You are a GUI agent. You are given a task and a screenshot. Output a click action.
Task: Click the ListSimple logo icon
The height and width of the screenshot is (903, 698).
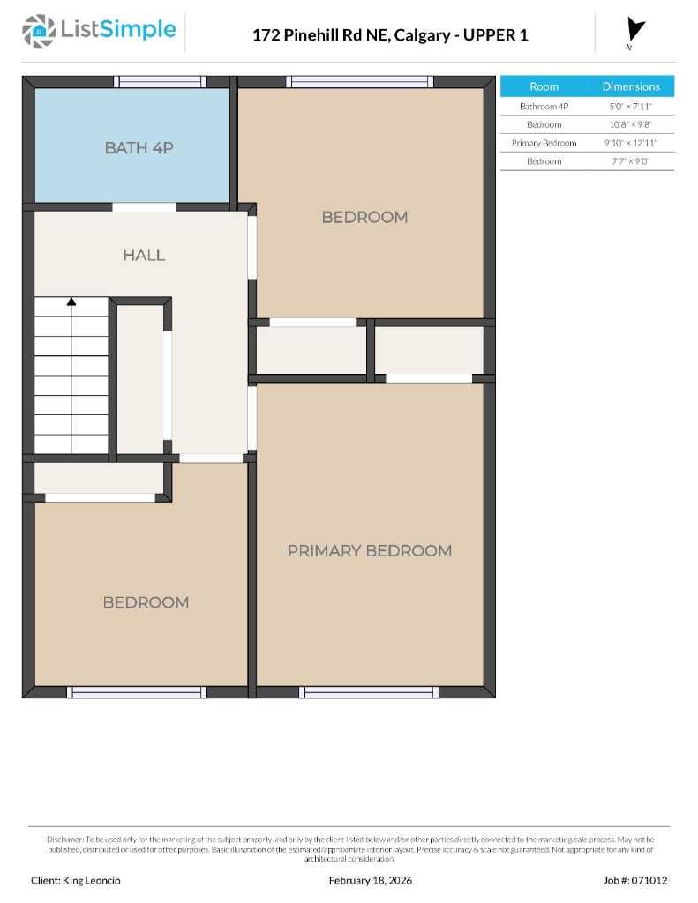click(x=38, y=31)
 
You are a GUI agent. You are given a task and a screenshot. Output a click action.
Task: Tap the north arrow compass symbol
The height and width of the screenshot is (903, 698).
click(x=634, y=32)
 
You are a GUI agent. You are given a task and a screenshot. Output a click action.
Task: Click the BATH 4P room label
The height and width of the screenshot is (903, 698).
click(x=139, y=147)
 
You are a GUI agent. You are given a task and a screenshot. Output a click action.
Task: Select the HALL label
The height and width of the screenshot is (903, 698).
click(x=144, y=255)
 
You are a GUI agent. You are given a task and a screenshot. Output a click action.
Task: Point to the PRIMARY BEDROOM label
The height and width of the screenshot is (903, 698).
click(x=369, y=550)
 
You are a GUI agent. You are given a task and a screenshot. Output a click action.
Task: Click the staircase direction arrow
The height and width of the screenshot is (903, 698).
click(x=71, y=302)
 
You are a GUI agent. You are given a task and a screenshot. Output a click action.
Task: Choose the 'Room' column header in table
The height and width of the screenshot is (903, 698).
click(x=544, y=86)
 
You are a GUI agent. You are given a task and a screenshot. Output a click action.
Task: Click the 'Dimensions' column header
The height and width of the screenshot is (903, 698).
click(x=630, y=86)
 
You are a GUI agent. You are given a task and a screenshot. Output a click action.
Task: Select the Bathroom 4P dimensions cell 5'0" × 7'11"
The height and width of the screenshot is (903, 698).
click(x=630, y=106)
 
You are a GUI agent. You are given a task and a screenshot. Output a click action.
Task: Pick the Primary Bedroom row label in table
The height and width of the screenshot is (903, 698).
click(x=544, y=143)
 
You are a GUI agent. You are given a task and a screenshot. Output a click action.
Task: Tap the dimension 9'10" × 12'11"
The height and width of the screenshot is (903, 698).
click(x=630, y=143)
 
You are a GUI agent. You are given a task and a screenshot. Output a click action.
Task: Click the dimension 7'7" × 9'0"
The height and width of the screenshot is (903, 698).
click(x=630, y=161)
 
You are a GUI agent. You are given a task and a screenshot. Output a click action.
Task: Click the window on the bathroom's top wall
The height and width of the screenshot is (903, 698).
click(x=161, y=82)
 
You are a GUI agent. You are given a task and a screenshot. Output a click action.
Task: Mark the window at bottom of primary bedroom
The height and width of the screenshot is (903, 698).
click(x=369, y=692)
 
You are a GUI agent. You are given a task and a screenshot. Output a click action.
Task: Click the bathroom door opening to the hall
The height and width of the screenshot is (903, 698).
click(x=144, y=207)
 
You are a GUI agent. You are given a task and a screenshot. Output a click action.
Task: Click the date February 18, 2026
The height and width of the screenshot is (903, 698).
click(x=370, y=880)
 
